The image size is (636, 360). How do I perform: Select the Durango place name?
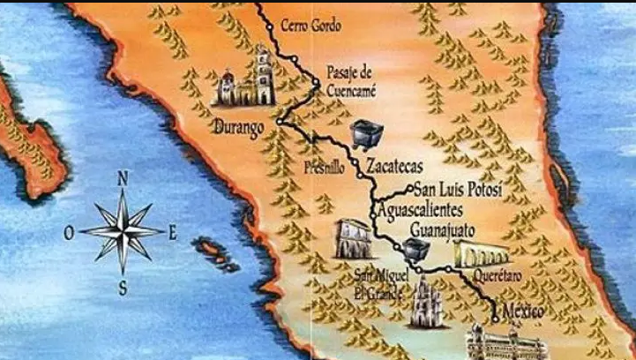(238, 129)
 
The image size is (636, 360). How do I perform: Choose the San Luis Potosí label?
(458, 190)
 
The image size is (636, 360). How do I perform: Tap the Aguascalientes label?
(432, 211)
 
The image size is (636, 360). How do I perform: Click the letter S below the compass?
(123, 287)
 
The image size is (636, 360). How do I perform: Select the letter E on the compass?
(174, 233)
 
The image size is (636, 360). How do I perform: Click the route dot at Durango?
(279, 121)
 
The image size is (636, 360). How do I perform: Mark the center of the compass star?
(123, 232)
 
